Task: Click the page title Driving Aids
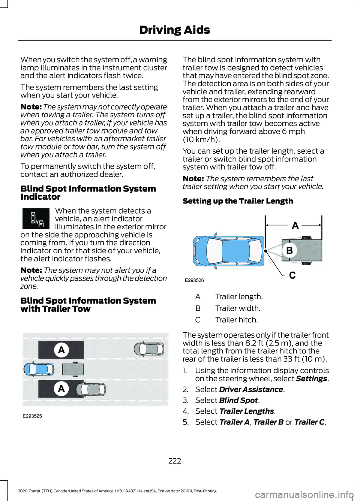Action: tap(174, 30)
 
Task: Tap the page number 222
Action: tap(175, 461)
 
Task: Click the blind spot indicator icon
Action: tap(36, 218)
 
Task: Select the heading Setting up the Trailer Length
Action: tap(238, 201)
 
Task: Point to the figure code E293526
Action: tap(194, 280)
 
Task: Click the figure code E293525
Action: tap(32, 416)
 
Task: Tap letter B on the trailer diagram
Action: tap(289, 250)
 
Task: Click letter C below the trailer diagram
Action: tap(292, 276)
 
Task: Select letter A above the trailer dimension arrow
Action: tap(295, 225)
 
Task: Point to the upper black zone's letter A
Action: tap(61, 350)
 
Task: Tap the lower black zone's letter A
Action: tap(61, 389)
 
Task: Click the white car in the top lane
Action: tap(148, 349)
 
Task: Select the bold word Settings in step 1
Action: tap(311, 379)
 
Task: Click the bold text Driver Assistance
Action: tap(251, 390)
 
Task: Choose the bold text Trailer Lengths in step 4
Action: tap(246, 411)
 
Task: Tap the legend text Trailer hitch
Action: tap(237, 320)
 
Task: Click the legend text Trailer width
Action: tap(238, 308)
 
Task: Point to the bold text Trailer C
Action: tap(309, 422)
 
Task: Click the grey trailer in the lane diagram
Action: tap(73, 369)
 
